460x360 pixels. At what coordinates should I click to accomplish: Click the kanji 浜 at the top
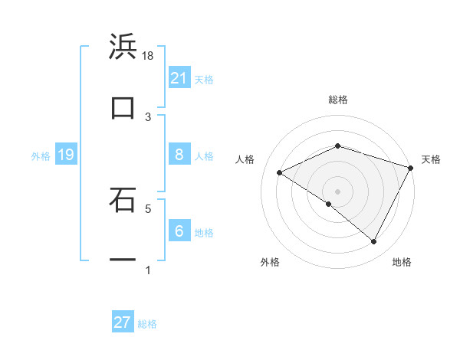(x=123, y=47)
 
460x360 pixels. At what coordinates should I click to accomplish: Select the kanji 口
(x=123, y=108)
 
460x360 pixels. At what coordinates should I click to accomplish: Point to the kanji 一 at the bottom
(x=123, y=260)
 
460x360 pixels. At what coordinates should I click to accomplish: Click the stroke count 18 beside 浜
(x=148, y=55)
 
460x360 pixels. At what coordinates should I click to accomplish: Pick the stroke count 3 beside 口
(x=148, y=116)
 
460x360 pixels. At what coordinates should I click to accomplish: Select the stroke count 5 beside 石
(x=148, y=208)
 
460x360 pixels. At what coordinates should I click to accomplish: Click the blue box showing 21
(x=179, y=77)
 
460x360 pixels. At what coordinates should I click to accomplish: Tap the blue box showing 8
(x=179, y=154)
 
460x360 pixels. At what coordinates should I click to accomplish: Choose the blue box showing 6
(x=179, y=231)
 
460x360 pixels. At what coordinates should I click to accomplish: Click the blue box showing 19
(x=65, y=155)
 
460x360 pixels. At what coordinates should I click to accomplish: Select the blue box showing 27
(x=123, y=322)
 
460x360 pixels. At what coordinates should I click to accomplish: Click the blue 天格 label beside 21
(x=204, y=79)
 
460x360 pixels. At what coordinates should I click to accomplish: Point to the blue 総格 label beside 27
(x=147, y=324)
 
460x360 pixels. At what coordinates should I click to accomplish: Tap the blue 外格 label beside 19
(x=41, y=156)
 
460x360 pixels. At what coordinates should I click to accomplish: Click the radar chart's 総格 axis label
(x=337, y=100)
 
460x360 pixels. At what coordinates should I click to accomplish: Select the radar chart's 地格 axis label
(x=402, y=263)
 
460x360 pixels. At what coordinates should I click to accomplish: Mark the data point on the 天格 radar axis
(x=412, y=168)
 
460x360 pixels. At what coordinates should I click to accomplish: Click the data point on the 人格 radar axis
(x=280, y=173)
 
